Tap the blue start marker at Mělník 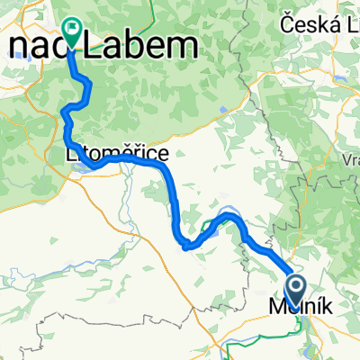pyautogui.click(x=294, y=290)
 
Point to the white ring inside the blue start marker pyautogui.click(x=294, y=286)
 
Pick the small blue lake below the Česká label pyautogui.click(x=223, y=111)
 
